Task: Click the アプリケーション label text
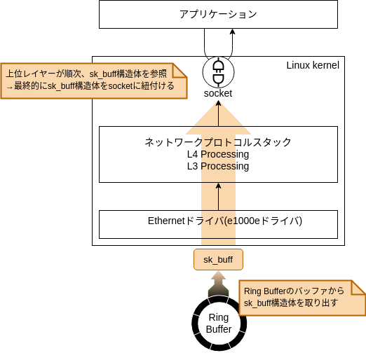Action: coord(218,14)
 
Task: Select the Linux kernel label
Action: coord(313,65)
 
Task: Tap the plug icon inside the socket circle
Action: coord(218,71)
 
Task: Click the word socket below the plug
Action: coord(218,93)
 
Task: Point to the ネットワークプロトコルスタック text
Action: coord(218,142)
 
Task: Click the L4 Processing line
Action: coord(218,154)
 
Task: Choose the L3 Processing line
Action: coord(218,166)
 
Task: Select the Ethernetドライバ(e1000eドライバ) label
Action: coord(225,221)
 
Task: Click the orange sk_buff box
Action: coord(218,260)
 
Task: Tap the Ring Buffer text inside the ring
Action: coord(219,324)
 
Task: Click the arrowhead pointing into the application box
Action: coord(232,32)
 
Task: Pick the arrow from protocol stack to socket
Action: coord(218,113)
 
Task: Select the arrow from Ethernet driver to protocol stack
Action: coord(218,197)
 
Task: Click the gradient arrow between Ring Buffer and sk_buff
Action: coord(218,284)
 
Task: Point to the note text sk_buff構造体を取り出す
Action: coord(291,303)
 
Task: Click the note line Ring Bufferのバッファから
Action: coord(294,291)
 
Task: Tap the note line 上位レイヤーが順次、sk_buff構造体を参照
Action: coord(86,74)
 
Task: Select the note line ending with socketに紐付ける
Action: coord(90,86)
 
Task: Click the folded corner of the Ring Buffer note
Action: coord(358,287)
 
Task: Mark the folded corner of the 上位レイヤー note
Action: coord(179,70)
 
